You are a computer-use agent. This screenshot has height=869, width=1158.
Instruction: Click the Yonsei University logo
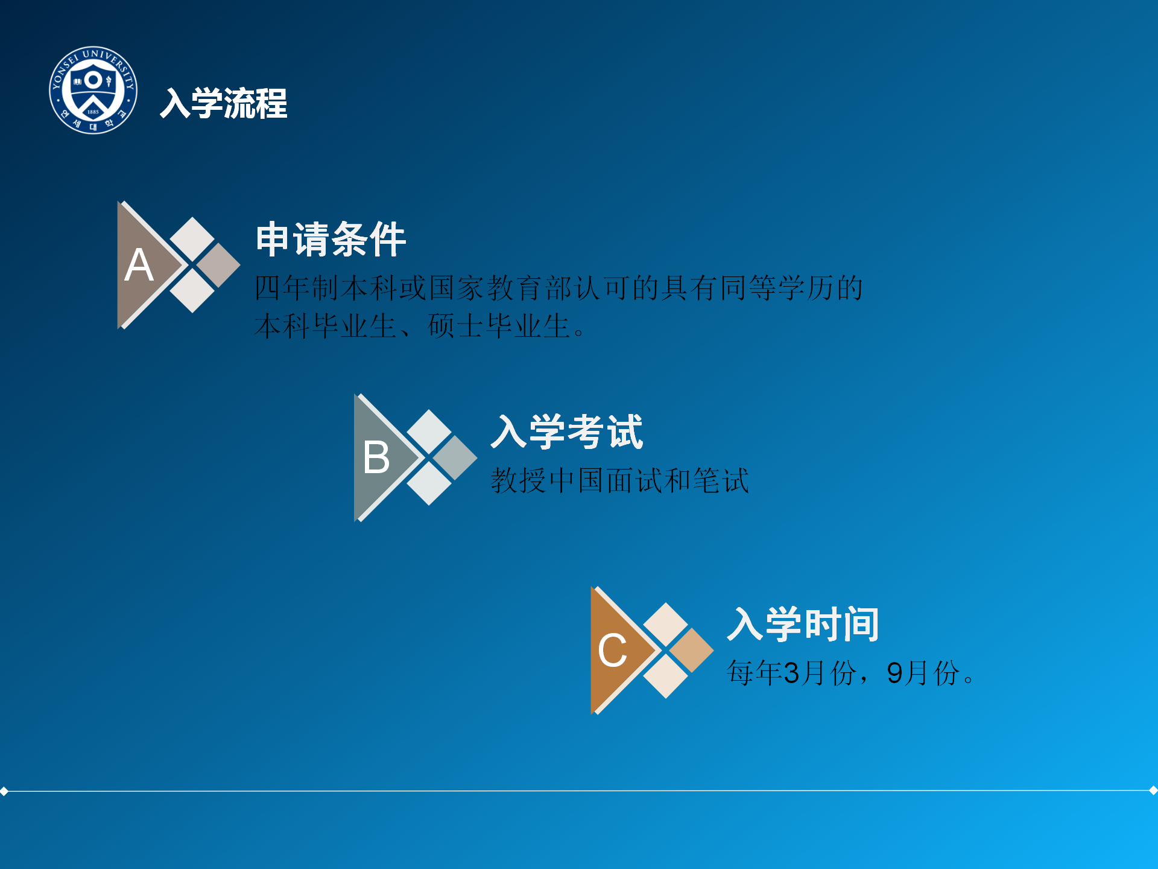coord(93,90)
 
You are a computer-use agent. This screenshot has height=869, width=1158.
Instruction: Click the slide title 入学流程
coord(224,103)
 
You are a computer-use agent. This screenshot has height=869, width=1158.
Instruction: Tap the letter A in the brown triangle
coord(139,265)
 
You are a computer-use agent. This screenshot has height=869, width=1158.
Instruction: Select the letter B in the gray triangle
coord(376,457)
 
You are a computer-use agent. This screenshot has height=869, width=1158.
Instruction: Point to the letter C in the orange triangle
coord(612,651)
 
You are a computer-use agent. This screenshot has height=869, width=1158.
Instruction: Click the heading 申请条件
coord(331,239)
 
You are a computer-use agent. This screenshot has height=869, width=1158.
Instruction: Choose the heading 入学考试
coord(568,432)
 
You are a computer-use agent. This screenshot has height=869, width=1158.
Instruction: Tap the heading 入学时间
coord(803,624)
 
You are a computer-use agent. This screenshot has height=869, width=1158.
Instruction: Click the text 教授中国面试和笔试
coord(620,481)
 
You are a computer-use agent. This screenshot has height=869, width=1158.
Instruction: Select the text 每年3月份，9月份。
coord(850,673)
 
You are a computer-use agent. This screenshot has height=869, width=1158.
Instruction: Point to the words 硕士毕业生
coord(499,326)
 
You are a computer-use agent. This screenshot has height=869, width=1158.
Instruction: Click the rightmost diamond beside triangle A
coord(218,265)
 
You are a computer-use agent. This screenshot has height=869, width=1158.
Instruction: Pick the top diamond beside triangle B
coord(429,431)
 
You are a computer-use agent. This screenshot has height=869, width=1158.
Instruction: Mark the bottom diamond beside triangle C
coord(666,676)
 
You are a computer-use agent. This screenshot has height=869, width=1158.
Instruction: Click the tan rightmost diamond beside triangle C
coord(691,651)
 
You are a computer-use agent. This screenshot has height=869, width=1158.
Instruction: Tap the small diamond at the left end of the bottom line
coord(4,791)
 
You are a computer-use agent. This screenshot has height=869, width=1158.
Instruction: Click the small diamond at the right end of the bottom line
coord(1153,790)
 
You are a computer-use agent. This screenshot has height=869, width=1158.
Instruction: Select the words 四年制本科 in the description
coord(326,288)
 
